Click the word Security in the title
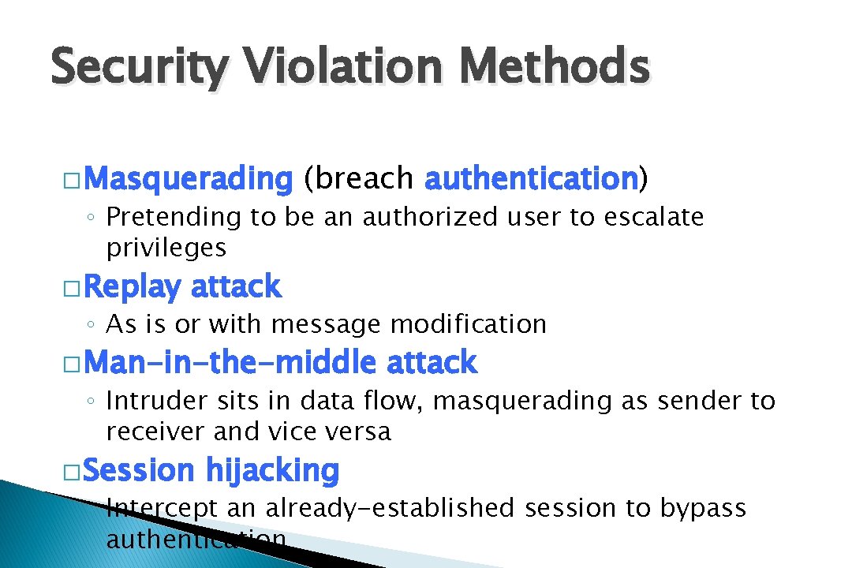(x=138, y=68)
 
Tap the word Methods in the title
(x=555, y=66)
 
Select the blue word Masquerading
(x=188, y=180)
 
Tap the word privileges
(x=166, y=248)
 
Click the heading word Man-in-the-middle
(x=230, y=363)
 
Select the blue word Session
(x=138, y=471)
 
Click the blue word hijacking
(x=272, y=472)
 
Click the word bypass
(x=703, y=509)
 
